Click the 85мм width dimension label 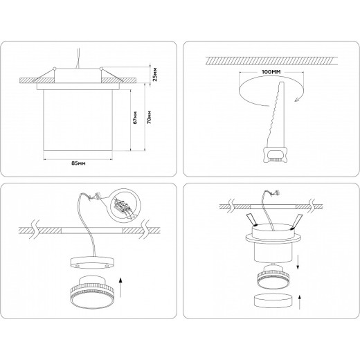click(x=78, y=163)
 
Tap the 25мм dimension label click(x=155, y=74)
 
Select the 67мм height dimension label click(x=136, y=118)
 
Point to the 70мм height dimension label click(x=150, y=118)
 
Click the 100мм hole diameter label click(x=271, y=72)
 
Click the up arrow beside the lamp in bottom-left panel click(x=120, y=287)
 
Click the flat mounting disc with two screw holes click(x=92, y=263)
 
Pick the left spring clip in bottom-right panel click(x=251, y=220)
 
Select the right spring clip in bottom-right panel click(x=296, y=222)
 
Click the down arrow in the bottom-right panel click(x=298, y=262)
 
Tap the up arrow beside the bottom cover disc click(x=300, y=302)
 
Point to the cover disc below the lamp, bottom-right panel click(x=273, y=301)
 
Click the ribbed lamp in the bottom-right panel click(x=273, y=277)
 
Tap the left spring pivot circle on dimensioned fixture click(x=55, y=69)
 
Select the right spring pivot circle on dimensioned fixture click(x=101, y=69)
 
